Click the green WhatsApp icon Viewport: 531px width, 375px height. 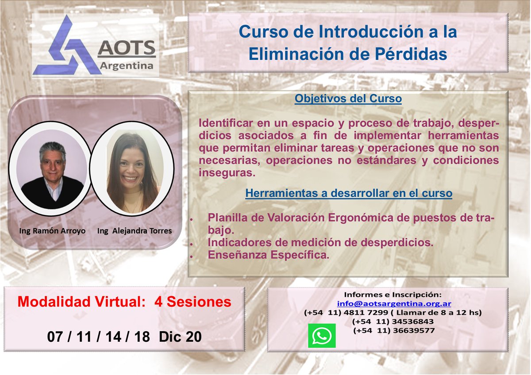(x=322, y=335)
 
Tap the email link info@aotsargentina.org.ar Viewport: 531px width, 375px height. (x=394, y=304)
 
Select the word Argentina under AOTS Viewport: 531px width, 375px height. (x=127, y=65)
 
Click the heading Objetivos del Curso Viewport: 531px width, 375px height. (x=348, y=99)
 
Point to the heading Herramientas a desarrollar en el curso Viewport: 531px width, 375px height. (x=349, y=193)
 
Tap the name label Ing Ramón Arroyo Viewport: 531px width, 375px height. (x=53, y=231)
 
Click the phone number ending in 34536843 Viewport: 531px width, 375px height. (x=392, y=321)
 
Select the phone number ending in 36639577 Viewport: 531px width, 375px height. (x=392, y=330)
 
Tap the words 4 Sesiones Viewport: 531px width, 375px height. (x=193, y=302)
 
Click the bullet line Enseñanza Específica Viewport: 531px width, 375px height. (x=268, y=255)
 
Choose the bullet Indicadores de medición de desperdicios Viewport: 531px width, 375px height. (x=320, y=243)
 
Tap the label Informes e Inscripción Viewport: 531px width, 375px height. (x=392, y=295)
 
